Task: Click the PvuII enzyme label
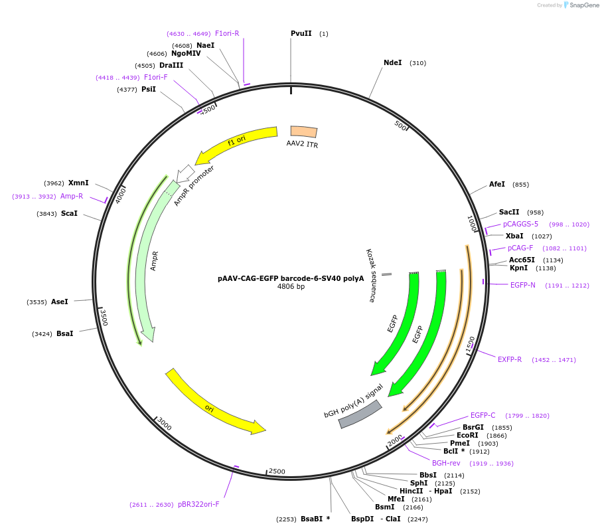(x=301, y=34)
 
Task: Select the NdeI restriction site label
(x=392, y=63)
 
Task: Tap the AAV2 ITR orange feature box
(x=304, y=132)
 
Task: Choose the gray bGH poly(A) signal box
(x=360, y=414)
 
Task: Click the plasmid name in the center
(x=291, y=278)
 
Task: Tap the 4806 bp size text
(x=291, y=287)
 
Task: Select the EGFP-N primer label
(x=522, y=286)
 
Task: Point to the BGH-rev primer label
(x=445, y=463)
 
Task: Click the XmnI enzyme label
(x=78, y=183)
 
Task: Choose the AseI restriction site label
(x=59, y=302)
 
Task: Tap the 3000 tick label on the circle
(x=164, y=424)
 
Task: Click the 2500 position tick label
(x=277, y=472)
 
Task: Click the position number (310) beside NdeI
(x=417, y=63)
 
